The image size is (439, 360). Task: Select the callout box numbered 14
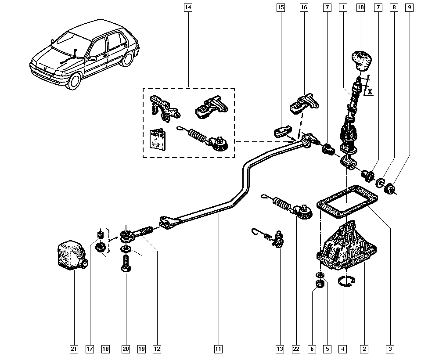point(188,7)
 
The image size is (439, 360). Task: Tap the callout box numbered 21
point(74,349)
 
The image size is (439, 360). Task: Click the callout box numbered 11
point(218,349)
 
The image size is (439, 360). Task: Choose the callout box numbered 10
point(360,7)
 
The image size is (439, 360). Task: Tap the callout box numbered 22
point(296,349)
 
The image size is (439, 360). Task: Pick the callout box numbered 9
point(409,7)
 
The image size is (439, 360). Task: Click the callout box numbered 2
point(363,349)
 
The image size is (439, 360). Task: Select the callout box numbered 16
point(304,7)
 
